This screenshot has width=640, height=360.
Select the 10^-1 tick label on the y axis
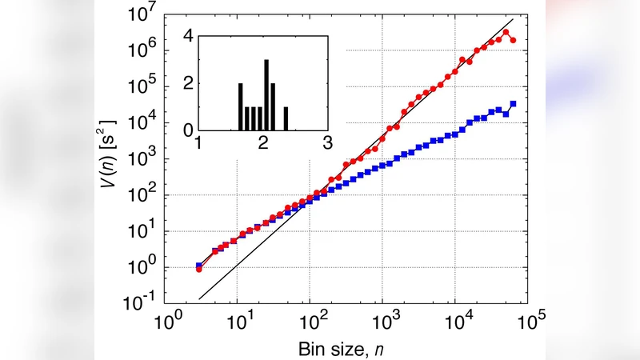pos(142,305)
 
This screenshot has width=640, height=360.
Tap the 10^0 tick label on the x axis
pos(169,323)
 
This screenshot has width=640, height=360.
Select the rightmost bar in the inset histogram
pos(286,118)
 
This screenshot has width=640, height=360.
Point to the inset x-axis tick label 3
pos(327,143)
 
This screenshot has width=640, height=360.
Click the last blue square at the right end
pos(513,104)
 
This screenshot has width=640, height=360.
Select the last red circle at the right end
pos(513,40)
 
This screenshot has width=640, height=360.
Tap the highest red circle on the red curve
pos(506,32)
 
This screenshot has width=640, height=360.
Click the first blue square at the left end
pos(198,265)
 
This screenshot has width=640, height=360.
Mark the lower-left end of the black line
pos(199,299)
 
